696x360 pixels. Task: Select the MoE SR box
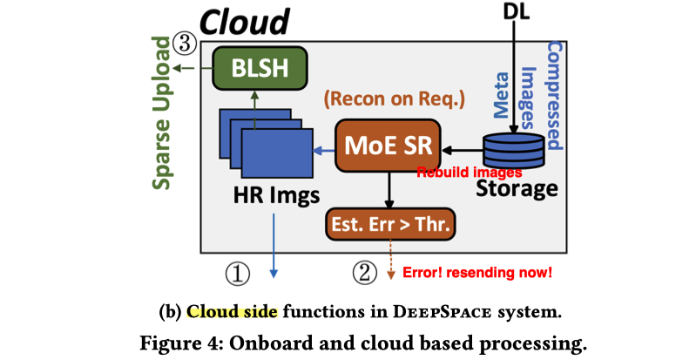click(x=388, y=145)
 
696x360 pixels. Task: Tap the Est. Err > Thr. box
click(x=389, y=226)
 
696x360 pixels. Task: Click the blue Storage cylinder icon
click(x=514, y=150)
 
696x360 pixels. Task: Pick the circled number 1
click(x=238, y=273)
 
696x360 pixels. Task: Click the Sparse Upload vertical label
click(x=163, y=113)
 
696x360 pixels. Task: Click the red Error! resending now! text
click(x=476, y=273)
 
